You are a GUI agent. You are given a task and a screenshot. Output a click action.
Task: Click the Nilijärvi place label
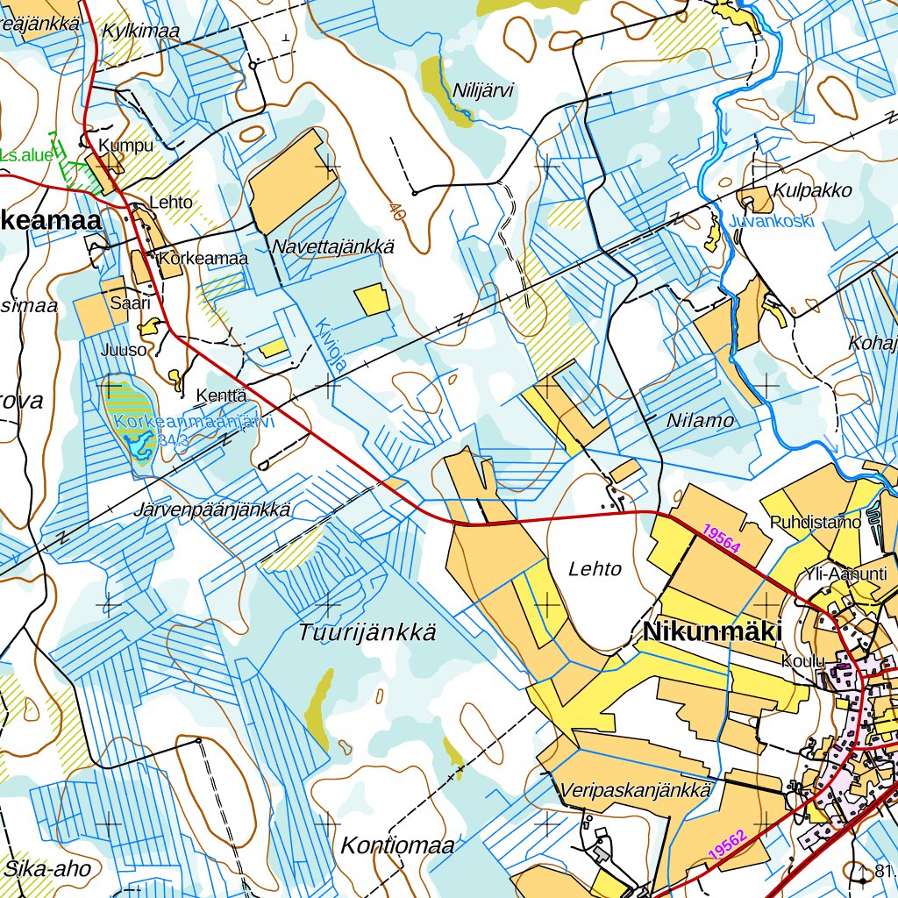tap(482, 90)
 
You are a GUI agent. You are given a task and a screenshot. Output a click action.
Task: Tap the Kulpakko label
tap(812, 191)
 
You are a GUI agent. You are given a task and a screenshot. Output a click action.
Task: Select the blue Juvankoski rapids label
tap(772, 221)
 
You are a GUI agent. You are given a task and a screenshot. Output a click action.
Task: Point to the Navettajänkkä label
tap(332, 247)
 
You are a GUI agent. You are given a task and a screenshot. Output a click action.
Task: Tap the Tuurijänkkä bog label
tap(367, 632)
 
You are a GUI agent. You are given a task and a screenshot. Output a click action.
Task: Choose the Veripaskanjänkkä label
tap(635, 790)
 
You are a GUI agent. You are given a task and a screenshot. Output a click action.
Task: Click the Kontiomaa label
tap(396, 846)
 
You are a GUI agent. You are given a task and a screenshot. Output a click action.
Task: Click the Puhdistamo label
tap(816, 523)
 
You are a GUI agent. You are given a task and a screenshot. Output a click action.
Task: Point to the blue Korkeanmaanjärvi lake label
tap(195, 422)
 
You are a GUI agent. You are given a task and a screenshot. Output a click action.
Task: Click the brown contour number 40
tap(398, 211)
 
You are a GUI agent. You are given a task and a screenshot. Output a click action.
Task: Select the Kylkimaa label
tap(140, 31)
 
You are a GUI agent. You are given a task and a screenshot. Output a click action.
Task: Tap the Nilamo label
tap(700, 421)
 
